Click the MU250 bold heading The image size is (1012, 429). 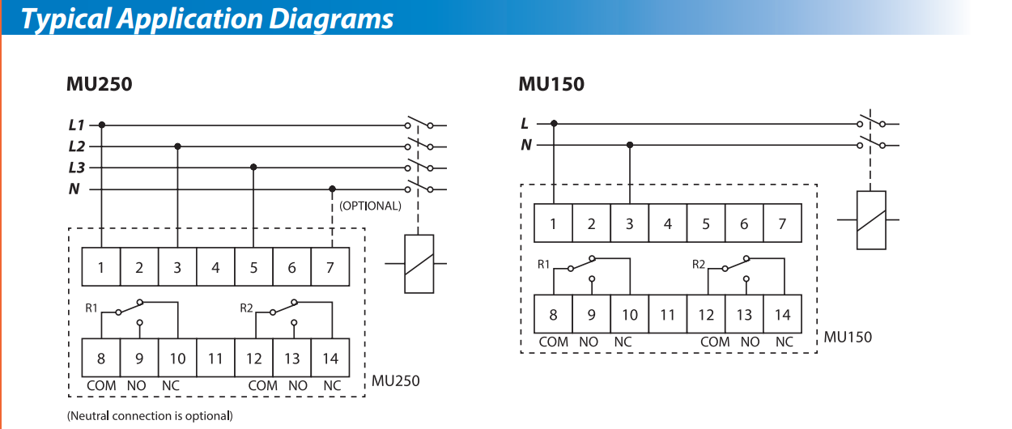pos(99,84)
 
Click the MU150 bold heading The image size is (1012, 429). pos(551,84)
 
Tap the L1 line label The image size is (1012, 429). pos(76,125)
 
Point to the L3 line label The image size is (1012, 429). pos(76,168)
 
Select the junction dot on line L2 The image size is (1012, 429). pos(177,147)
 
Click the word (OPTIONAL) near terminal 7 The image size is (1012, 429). pos(370,206)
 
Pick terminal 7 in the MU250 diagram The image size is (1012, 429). pos(330,267)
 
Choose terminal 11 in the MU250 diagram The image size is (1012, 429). pos(215,358)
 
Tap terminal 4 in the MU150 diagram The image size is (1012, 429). pos(668,223)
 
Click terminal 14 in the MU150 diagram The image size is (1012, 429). pos(783,314)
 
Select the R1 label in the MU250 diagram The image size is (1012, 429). pos(91,308)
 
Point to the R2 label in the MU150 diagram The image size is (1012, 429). pos(699,264)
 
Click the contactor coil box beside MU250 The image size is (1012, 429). pos(419,264)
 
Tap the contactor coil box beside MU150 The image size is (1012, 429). pos(871,220)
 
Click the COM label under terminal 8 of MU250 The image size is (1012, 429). pos(101,385)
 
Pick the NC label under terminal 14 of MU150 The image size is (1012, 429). pos(785,342)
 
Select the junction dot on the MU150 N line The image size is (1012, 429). pos(630,145)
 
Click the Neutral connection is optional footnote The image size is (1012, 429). pos(150,415)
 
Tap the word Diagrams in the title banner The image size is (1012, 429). pos(331,19)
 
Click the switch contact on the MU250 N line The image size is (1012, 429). pos(419,187)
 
